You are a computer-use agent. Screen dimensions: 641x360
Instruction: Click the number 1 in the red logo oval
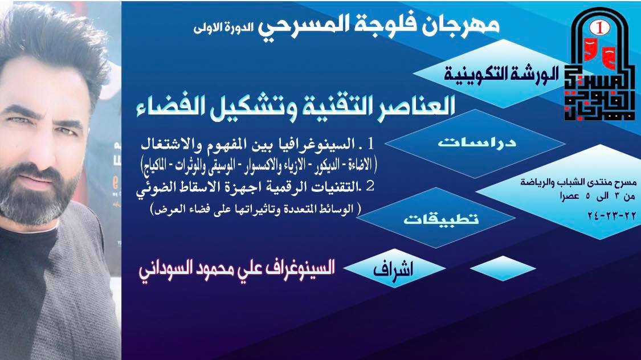pos(600,28)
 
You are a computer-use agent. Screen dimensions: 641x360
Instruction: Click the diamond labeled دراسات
pos(475,143)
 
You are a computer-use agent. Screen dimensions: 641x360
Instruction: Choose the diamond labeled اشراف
pos(394,269)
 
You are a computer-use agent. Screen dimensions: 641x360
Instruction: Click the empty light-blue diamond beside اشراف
pos(503,268)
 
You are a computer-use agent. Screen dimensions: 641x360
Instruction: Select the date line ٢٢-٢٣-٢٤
pos(611,215)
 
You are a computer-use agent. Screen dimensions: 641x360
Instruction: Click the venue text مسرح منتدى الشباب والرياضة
pos(578,182)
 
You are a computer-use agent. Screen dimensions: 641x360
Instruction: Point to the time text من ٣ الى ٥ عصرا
pos(598,197)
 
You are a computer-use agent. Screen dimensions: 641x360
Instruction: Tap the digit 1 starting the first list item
pos(370,144)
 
